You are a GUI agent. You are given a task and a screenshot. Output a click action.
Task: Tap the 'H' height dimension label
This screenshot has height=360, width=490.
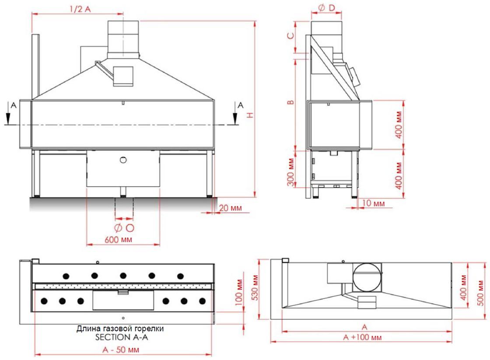click(x=250, y=115)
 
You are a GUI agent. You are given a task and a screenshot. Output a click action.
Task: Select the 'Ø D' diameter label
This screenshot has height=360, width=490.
click(x=326, y=8)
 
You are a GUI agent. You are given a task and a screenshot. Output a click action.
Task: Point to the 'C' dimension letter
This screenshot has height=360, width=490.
click(x=290, y=35)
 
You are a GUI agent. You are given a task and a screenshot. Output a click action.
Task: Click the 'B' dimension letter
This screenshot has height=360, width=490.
click(x=290, y=102)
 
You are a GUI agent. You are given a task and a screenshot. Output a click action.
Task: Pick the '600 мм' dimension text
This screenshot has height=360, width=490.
click(x=118, y=240)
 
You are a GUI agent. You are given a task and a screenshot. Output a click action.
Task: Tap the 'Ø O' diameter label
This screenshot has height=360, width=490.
click(x=124, y=228)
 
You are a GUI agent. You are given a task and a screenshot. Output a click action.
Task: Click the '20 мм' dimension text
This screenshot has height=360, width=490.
click(x=230, y=208)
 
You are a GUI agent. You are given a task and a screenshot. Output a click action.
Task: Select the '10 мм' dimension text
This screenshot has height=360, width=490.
click(x=374, y=203)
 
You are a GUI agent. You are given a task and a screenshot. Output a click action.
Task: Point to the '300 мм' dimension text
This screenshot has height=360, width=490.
click(x=291, y=172)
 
